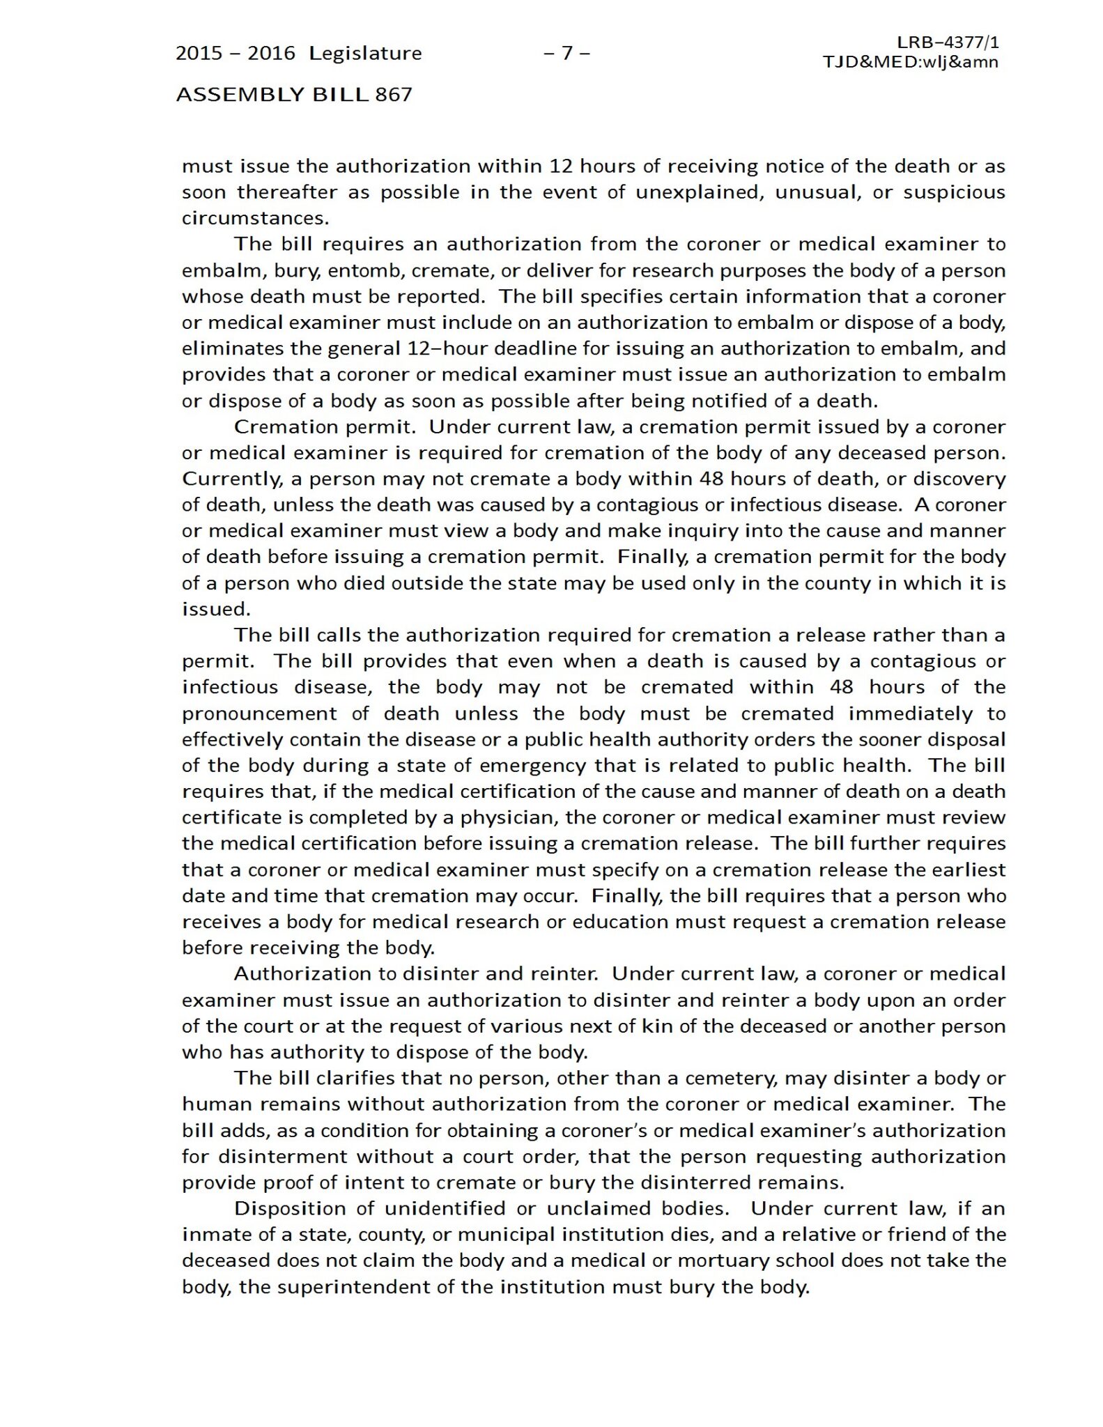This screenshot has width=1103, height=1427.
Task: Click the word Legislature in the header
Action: tap(365, 54)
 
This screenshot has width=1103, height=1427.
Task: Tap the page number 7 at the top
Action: tap(566, 53)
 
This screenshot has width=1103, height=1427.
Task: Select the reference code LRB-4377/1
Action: tap(948, 43)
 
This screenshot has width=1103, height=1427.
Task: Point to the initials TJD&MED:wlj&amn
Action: tap(910, 62)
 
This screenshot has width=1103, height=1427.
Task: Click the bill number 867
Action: tap(394, 95)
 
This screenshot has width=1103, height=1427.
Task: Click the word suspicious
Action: tap(954, 192)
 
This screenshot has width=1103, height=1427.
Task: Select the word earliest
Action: tap(969, 870)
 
